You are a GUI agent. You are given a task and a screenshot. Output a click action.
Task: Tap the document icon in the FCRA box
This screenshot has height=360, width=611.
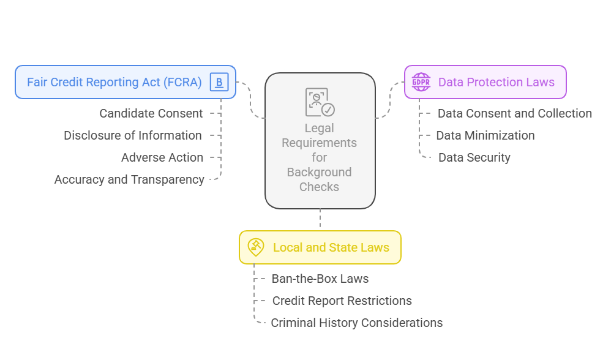219,82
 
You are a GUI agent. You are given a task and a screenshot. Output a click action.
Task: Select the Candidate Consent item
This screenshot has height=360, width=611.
151,113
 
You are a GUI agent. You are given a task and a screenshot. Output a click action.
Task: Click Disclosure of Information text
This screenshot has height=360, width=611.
133,135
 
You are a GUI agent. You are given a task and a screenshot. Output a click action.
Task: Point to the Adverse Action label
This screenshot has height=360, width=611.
162,157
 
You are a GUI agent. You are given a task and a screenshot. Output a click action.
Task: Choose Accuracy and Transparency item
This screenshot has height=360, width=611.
129,179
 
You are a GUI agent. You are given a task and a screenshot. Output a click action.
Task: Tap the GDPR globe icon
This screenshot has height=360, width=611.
421,82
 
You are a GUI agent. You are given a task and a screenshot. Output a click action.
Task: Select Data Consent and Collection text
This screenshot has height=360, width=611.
514,113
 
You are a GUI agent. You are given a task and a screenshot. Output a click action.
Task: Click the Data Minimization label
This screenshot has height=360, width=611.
485,135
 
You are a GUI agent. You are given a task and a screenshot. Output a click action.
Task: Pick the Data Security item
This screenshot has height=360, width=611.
474,157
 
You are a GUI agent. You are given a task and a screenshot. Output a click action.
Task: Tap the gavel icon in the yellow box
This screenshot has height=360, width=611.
255,247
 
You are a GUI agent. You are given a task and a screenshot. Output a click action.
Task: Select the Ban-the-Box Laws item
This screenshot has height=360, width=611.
320,279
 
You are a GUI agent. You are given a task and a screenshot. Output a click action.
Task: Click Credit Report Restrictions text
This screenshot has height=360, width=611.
342,301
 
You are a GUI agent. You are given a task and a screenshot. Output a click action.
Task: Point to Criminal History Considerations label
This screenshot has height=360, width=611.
356,323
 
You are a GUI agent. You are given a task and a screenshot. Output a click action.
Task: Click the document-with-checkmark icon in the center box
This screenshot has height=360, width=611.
320,102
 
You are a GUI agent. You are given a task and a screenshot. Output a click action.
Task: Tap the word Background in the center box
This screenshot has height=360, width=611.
320,172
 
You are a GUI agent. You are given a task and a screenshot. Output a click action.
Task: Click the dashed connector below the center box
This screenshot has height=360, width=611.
320,219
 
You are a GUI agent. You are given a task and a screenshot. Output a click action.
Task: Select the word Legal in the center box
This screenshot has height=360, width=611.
320,128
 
